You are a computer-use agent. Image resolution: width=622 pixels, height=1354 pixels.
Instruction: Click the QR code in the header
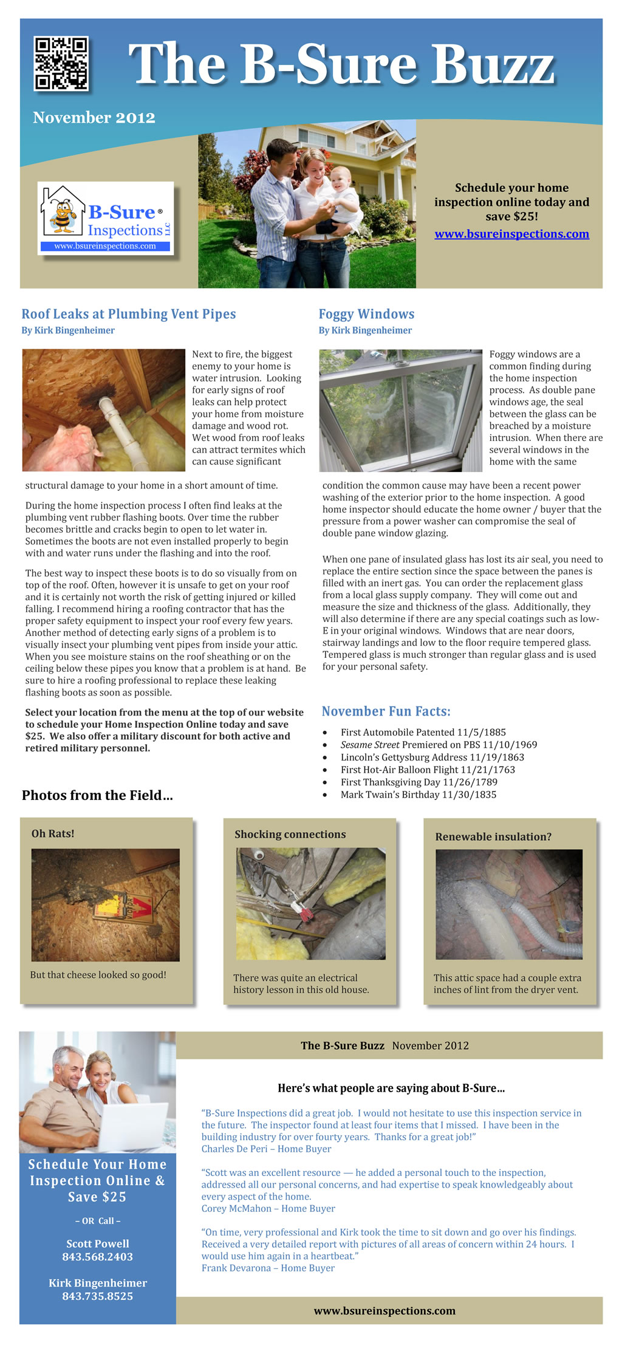(61, 64)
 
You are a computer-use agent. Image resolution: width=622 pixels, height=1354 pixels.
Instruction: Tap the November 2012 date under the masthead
(94, 118)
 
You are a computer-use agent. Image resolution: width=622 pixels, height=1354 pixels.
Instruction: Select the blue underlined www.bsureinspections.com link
(511, 234)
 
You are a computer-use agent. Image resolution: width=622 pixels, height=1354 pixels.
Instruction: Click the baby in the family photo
(340, 194)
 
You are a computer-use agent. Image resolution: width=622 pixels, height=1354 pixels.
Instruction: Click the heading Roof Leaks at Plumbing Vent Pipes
(129, 314)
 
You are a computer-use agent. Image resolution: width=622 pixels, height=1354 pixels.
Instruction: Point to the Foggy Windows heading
(366, 314)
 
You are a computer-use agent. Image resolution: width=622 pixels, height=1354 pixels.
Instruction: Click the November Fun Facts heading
(386, 711)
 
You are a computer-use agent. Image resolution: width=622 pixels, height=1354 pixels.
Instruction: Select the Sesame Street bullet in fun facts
(439, 745)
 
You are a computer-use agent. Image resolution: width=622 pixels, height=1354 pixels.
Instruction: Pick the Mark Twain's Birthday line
(418, 795)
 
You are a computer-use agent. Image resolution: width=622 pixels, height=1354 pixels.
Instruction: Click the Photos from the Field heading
(97, 795)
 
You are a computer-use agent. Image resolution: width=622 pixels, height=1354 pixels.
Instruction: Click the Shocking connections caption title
(290, 835)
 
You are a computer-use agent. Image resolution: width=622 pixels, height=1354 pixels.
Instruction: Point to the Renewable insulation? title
(493, 837)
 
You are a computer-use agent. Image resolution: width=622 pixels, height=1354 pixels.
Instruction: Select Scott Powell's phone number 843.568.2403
(97, 1257)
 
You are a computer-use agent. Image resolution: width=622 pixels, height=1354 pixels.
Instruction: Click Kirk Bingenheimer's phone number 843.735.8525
(97, 1296)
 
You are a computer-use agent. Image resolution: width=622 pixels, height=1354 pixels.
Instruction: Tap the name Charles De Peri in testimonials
(236, 1149)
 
